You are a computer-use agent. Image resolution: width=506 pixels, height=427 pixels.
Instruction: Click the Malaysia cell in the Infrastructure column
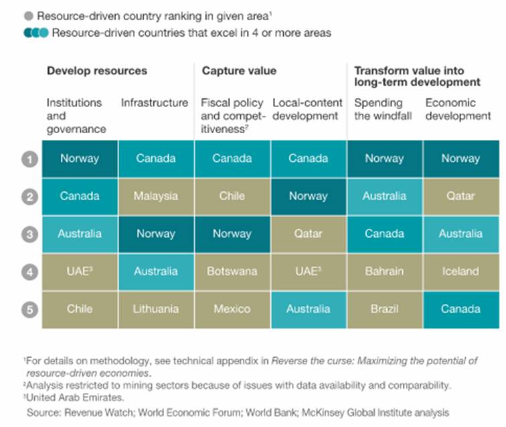[x=156, y=196]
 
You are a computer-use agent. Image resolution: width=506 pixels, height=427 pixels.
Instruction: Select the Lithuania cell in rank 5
[x=156, y=309]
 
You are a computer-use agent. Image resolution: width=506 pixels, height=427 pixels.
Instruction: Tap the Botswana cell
[x=232, y=271]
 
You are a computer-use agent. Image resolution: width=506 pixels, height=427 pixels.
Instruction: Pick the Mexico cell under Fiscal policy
[x=232, y=309]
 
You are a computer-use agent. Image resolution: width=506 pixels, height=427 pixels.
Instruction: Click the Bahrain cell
[x=384, y=271]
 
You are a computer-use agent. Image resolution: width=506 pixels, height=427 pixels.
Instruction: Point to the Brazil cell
[x=384, y=309]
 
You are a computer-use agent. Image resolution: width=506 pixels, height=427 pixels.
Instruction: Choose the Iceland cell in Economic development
[x=460, y=271]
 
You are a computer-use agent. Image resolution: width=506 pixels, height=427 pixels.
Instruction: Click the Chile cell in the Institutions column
[x=80, y=309]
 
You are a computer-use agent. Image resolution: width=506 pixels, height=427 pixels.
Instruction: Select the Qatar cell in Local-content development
[x=309, y=234]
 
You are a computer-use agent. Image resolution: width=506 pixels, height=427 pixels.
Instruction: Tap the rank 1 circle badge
[x=29, y=159]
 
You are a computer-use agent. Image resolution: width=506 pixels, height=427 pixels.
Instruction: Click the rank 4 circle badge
[x=29, y=272]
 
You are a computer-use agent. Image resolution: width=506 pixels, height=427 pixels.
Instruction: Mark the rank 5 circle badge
[x=29, y=309]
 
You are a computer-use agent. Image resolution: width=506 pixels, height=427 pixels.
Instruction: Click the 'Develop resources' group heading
[x=96, y=71]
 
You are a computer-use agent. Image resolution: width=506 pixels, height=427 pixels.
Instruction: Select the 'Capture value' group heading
[x=238, y=71]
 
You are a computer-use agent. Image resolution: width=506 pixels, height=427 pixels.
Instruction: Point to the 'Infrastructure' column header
[x=155, y=103]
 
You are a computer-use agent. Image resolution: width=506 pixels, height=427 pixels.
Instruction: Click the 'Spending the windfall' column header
[x=378, y=109]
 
